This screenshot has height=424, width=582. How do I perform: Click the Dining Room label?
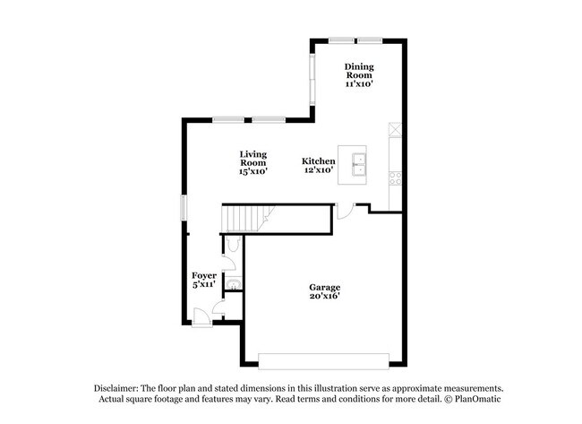(x=359, y=71)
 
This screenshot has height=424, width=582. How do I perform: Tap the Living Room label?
(x=253, y=159)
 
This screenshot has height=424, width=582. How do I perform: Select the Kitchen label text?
(x=318, y=161)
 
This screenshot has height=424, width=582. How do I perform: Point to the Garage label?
(x=325, y=287)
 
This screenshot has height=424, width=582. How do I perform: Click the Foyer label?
(x=204, y=276)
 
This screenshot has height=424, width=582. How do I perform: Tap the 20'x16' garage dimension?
(x=325, y=296)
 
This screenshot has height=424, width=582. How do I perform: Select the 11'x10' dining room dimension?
(x=359, y=84)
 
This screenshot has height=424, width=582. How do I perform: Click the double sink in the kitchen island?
(x=358, y=164)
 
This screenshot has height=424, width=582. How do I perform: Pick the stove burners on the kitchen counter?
(x=395, y=178)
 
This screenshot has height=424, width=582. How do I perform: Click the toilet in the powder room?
(x=233, y=244)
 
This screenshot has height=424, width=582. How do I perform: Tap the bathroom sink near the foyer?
(x=234, y=284)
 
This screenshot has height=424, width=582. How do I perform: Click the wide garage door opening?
(x=323, y=361)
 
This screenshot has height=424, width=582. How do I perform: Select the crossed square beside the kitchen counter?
(x=395, y=129)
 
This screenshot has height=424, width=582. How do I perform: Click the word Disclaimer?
(x=116, y=388)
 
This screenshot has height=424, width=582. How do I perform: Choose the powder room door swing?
(x=229, y=263)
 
